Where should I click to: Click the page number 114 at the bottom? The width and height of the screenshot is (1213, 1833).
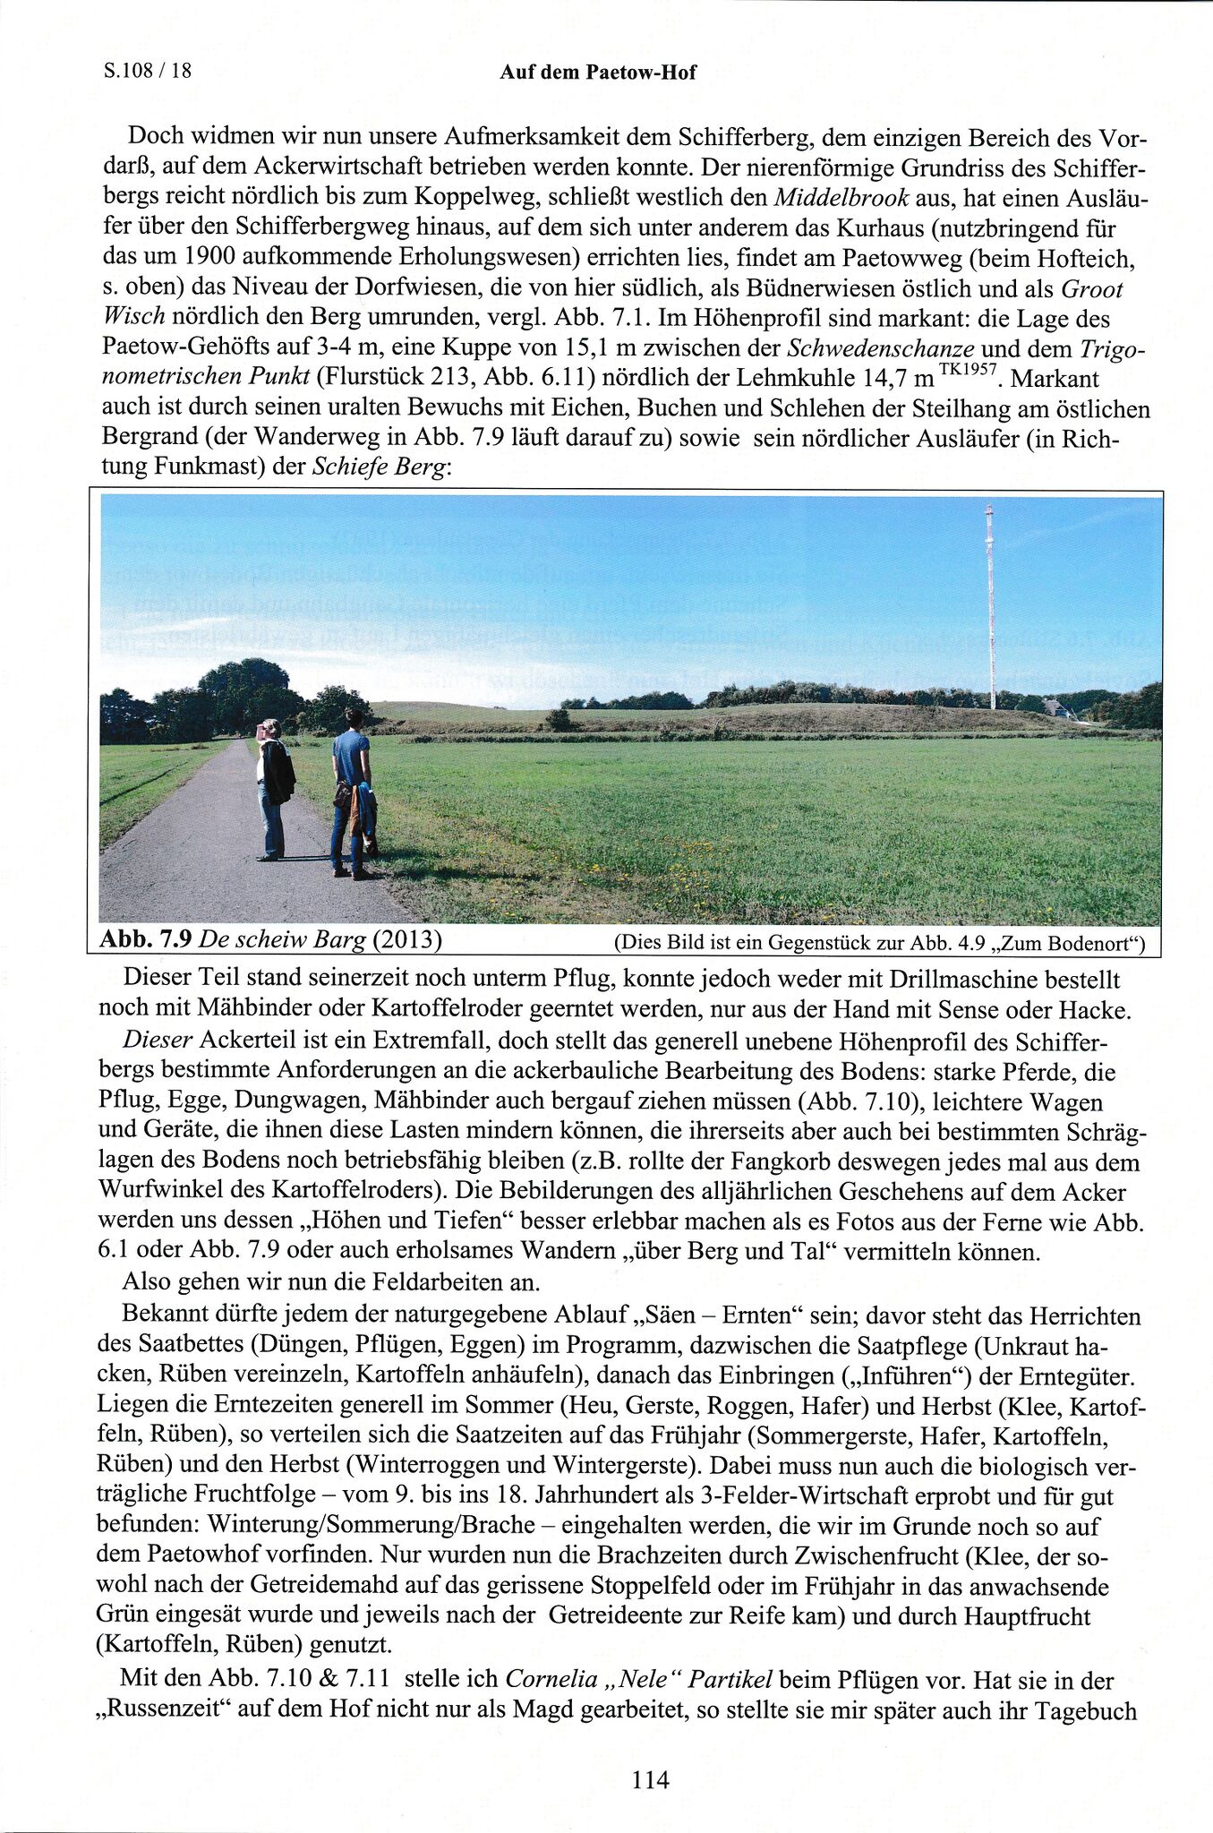point(650,1779)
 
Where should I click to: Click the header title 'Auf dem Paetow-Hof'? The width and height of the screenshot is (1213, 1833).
point(597,73)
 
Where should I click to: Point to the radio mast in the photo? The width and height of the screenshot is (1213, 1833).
point(990,609)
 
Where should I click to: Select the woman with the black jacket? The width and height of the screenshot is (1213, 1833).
point(274,788)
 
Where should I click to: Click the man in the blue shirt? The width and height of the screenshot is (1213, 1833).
point(352,788)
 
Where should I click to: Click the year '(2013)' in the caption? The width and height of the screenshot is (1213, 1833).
point(407,939)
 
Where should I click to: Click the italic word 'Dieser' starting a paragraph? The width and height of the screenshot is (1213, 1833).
point(158,1041)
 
